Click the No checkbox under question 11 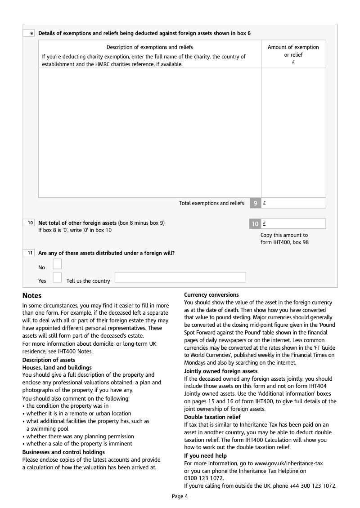tap(57, 264)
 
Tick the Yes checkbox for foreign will tap(57, 277)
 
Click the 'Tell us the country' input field tap(180, 277)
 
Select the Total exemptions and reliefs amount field tap(293, 203)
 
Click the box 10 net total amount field tap(293, 224)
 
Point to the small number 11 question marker tap(29, 253)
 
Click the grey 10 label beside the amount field tap(255, 224)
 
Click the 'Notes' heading tap(32, 296)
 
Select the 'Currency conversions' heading tap(211, 294)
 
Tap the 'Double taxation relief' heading tap(212, 417)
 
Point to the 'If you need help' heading tap(205, 456)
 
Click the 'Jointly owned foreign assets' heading tap(221, 371)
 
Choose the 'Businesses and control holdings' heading tap(63, 452)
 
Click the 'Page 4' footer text tap(180, 496)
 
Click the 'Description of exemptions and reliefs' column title tap(149, 47)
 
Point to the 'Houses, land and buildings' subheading tap(57, 368)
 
